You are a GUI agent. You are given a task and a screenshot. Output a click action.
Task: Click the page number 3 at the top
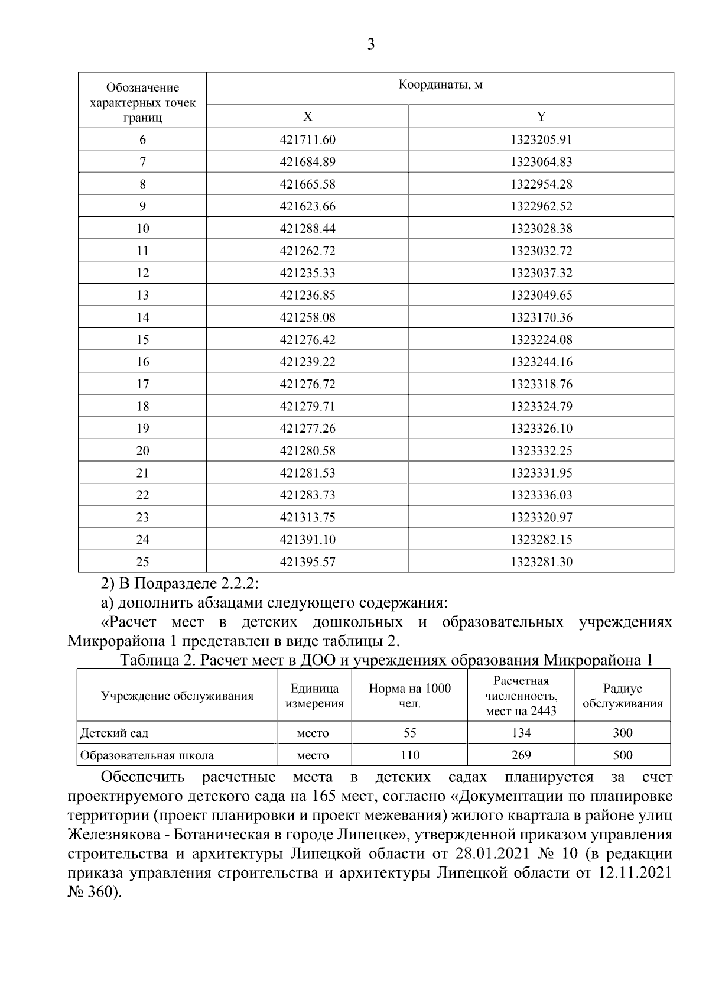coord(370,45)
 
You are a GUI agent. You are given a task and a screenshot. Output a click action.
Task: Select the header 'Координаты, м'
coord(440,85)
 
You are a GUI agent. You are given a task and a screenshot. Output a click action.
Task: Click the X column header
coord(307,116)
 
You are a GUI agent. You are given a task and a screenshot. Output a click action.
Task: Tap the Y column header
coord(541,116)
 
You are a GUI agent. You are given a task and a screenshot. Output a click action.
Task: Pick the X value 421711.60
coord(307,139)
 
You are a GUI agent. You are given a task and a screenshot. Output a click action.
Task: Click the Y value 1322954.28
coord(541,184)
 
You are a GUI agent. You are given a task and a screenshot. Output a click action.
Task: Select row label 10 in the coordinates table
coord(142,228)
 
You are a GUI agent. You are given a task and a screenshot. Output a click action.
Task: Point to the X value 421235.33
coord(307,272)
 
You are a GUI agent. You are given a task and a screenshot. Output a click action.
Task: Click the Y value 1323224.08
coord(541,339)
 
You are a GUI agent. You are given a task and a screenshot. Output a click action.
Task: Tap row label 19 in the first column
coord(142,428)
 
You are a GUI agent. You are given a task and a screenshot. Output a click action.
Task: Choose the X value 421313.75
coord(307,517)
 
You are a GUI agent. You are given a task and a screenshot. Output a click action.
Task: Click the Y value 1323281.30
coord(541,561)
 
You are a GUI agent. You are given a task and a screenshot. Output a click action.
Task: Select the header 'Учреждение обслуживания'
coord(177,696)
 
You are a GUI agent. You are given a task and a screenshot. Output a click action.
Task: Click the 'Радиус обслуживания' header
coord(622,696)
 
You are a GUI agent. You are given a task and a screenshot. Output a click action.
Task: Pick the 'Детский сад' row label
coord(115,733)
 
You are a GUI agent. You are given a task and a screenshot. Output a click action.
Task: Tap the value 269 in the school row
coord(521,755)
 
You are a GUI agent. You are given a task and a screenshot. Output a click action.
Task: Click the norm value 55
coord(409,733)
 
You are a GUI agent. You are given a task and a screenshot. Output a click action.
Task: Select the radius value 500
coord(622,755)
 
